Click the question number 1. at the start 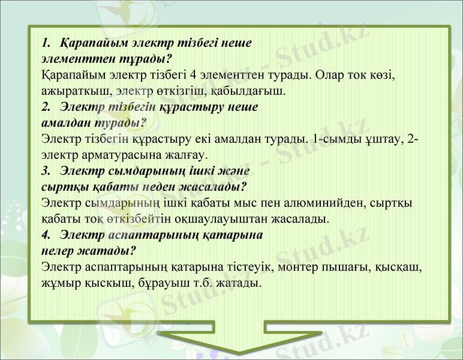[47, 44]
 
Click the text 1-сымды [336, 140]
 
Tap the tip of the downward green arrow [239, 352]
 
